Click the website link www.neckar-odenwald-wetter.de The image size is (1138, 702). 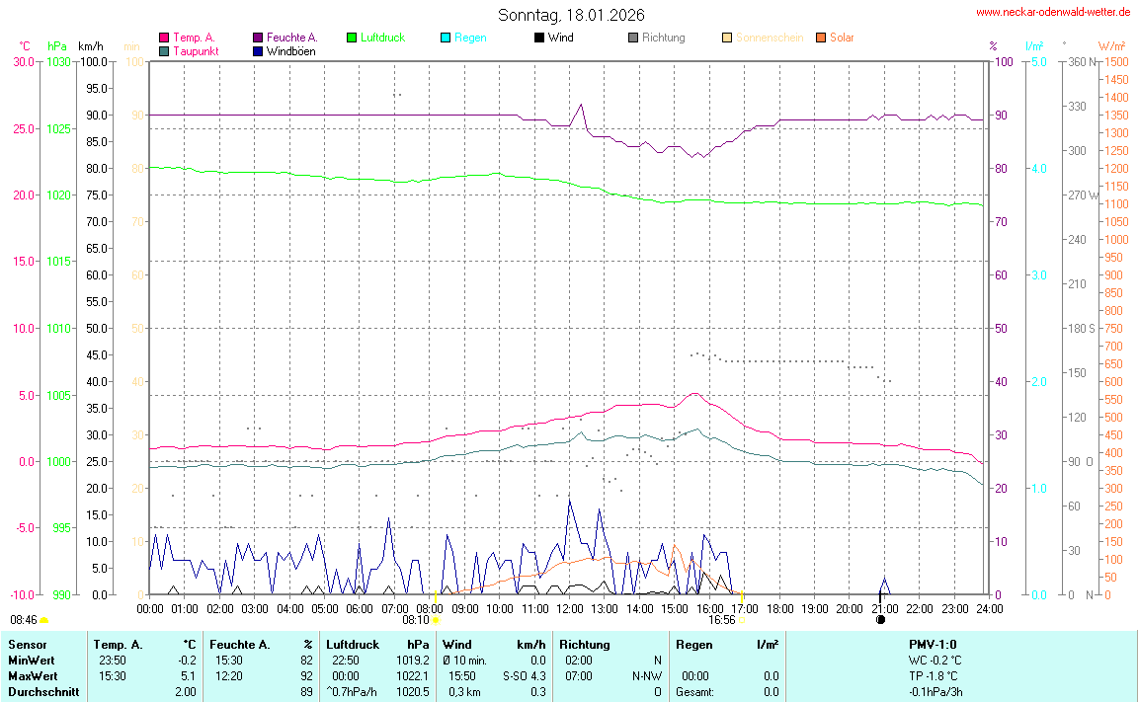(x=1052, y=12)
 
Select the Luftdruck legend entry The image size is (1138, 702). (x=382, y=38)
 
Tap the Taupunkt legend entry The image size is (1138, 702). (x=196, y=50)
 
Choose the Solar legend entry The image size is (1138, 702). (x=842, y=38)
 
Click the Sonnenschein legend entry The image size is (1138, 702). (x=769, y=38)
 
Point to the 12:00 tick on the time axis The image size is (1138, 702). (x=570, y=608)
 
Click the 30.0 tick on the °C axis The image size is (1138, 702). (x=23, y=61)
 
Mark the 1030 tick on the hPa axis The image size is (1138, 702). (x=58, y=61)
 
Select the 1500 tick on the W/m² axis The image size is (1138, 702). (x=1115, y=61)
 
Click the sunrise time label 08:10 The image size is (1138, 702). (x=416, y=620)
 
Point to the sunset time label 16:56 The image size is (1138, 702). (x=722, y=620)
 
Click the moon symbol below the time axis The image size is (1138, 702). (x=880, y=619)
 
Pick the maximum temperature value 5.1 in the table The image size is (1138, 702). (x=187, y=676)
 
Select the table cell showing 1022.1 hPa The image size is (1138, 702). (x=410, y=676)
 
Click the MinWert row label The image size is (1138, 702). (x=33, y=661)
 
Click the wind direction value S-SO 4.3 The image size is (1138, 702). (x=526, y=676)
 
